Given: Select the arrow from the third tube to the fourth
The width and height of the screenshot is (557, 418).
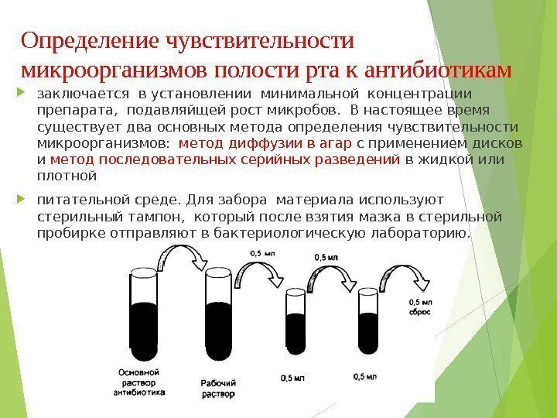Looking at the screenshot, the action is (x=331, y=274).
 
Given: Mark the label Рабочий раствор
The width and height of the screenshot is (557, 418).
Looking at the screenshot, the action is (x=218, y=388).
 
